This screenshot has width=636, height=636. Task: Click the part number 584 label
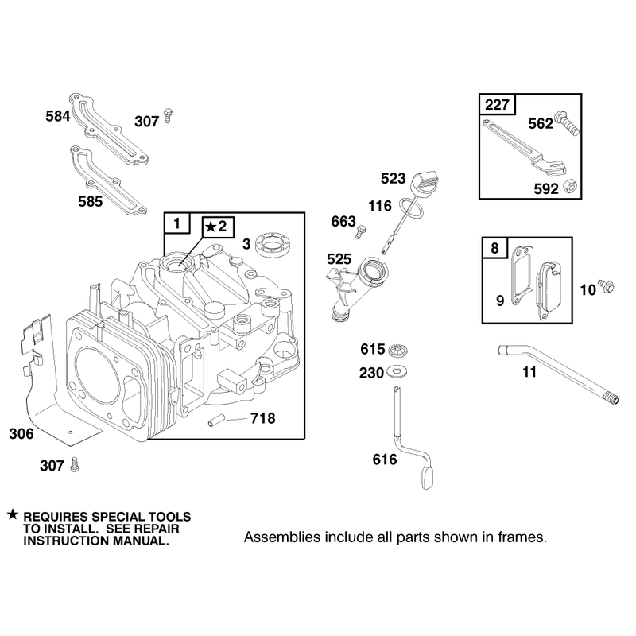(57, 116)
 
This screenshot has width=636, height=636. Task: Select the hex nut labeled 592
(571, 187)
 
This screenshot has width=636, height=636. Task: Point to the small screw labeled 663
(361, 231)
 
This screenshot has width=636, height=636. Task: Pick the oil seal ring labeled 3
(274, 245)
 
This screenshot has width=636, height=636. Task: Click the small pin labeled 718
(216, 420)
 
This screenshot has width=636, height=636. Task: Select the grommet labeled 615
(398, 350)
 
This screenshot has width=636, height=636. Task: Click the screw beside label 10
(607, 285)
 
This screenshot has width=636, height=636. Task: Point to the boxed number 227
(497, 105)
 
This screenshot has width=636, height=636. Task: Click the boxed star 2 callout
(218, 227)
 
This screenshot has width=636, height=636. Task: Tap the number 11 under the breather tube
(529, 372)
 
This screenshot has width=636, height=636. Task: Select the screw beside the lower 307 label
(74, 464)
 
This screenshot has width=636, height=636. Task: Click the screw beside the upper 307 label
(168, 115)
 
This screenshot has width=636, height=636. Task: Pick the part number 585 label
(91, 202)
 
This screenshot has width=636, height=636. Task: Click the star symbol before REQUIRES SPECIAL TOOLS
(13, 514)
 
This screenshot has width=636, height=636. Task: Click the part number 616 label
(385, 460)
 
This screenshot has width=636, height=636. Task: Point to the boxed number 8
(494, 247)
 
